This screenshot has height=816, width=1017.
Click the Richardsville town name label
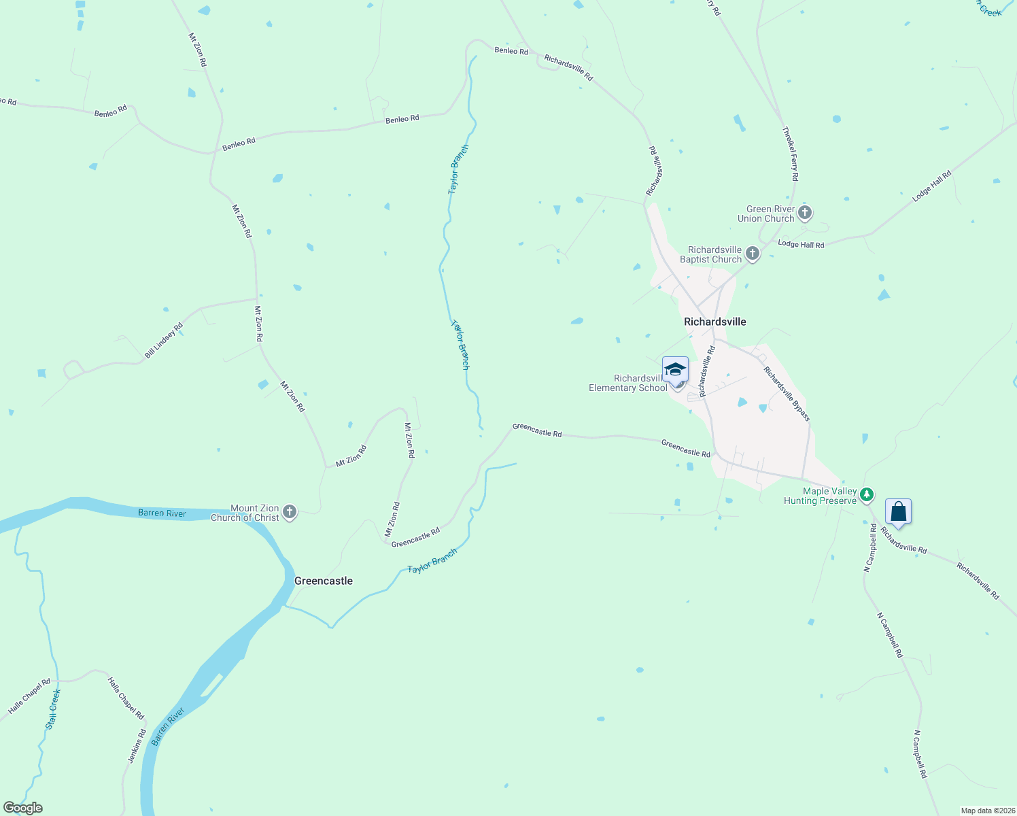click(x=714, y=322)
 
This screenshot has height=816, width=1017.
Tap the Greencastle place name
click(x=323, y=581)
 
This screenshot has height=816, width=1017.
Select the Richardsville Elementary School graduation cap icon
click(x=675, y=370)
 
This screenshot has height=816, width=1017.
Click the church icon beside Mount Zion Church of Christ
click(x=290, y=512)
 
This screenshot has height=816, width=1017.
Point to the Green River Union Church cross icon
click(x=805, y=213)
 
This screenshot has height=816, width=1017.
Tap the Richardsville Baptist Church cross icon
click(x=752, y=254)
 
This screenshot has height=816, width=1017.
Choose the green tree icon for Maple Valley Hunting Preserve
click(x=866, y=495)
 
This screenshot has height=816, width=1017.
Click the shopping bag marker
click(x=898, y=511)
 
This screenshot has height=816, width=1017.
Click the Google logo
click(x=23, y=808)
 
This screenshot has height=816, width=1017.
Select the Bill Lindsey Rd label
click(x=164, y=341)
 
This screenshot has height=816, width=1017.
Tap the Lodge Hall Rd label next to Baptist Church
click(x=801, y=244)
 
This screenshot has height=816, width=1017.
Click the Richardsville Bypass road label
click(x=787, y=394)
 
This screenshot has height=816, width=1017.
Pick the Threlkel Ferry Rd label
click(x=790, y=154)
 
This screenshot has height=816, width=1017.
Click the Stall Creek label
click(x=53, y=709)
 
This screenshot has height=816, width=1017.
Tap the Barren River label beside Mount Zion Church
click(x=162, y=513)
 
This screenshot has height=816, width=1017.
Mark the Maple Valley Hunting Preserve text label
click(x=820, y=496)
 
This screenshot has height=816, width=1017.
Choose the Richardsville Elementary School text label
click(x=627, y=383)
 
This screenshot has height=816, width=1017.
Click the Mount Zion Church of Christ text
click(x=245, y=513)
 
